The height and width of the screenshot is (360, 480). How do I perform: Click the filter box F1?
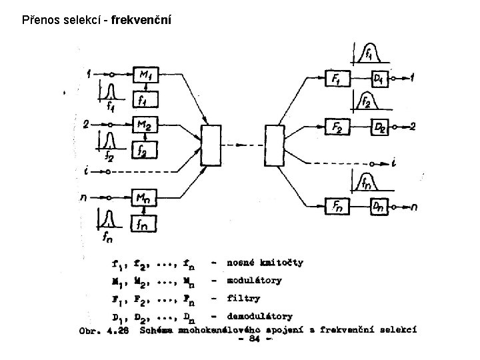(x=336, y=78)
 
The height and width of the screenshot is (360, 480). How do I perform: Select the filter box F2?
(x=337, y=126)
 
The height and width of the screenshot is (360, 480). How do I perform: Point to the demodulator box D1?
(x=380, y=79)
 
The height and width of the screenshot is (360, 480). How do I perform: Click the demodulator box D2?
(x=380, y=127)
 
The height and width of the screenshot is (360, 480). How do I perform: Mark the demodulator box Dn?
(x=380, y=207)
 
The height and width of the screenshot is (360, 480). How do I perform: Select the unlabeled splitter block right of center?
(x=275, y=145)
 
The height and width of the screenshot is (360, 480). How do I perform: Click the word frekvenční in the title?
(x=141, y=21)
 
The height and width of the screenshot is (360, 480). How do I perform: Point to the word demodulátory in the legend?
(x=259, y=315)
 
